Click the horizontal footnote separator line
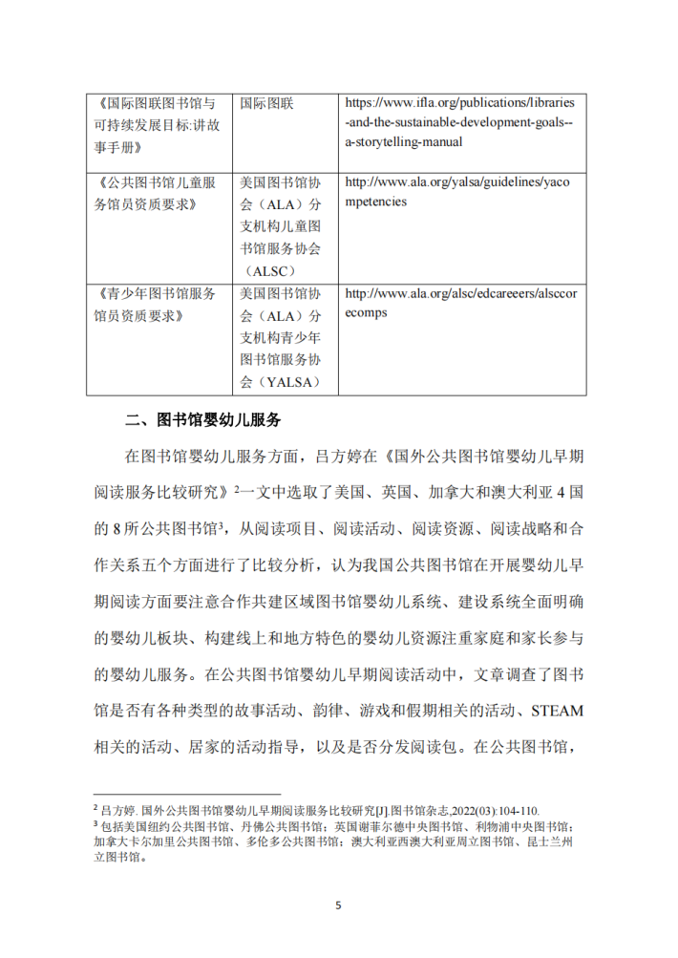click(186, 793)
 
